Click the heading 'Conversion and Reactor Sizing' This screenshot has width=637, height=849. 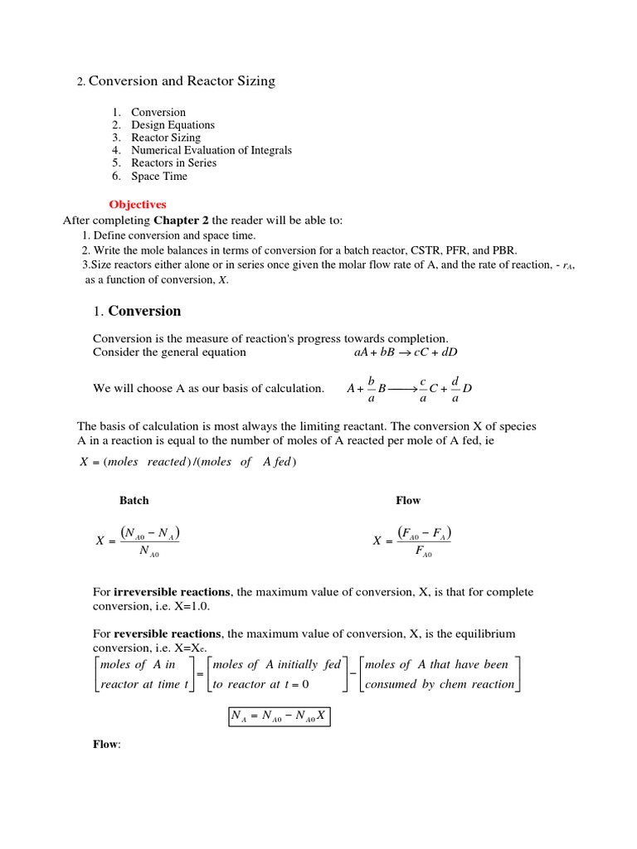point(182,81)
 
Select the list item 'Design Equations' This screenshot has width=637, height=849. point(173,125)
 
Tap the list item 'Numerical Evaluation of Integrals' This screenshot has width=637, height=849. point(212,151)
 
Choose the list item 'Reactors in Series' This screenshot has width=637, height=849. point(173,163)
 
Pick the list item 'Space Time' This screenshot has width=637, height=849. point(159,176)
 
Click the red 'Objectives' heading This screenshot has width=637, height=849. point(138,204)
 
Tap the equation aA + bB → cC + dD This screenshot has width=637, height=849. point(406,352)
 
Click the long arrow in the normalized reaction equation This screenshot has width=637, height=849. point(401,388)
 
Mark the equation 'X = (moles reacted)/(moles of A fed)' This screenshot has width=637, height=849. point(187,462)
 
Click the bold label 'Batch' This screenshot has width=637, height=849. point(134,501)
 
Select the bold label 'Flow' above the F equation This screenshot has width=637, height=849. point(408,501)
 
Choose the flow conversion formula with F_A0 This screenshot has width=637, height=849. point(413,541)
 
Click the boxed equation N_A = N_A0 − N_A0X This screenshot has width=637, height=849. point(279,715)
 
